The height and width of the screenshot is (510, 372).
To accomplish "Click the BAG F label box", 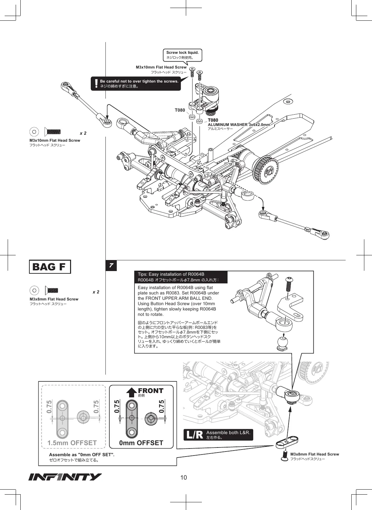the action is click(50, 267).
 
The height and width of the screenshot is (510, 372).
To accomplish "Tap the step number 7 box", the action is click(111, 265).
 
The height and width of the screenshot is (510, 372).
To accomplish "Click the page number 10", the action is click(183, 478).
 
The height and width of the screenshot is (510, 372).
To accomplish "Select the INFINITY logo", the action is click(65, 477).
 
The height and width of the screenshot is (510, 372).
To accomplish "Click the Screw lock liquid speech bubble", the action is click(182, 55).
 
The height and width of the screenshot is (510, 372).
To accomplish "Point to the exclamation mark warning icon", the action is click(96, 84).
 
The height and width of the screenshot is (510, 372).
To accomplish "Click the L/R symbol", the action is click(195, 435).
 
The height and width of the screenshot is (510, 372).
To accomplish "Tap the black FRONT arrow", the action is click(131, 392).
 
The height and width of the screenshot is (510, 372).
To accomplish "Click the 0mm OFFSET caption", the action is click(141, 443).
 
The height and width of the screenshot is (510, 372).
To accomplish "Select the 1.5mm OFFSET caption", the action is click(72, 443).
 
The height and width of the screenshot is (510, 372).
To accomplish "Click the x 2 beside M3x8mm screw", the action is click(96, 292).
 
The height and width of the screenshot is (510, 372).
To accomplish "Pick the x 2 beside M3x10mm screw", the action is click(83, 133).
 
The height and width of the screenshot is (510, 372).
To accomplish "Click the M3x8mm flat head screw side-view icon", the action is click(51, 290).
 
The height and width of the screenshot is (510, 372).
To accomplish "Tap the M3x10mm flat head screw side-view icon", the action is click(52, 132).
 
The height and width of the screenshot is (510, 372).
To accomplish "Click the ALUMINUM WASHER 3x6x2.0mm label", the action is click(239, 125).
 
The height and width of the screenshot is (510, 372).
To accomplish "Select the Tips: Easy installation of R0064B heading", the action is click(171, 274).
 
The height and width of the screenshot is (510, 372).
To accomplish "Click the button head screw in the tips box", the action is click(289, 284).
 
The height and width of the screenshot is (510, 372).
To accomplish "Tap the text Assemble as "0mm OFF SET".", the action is click(82, 455).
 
